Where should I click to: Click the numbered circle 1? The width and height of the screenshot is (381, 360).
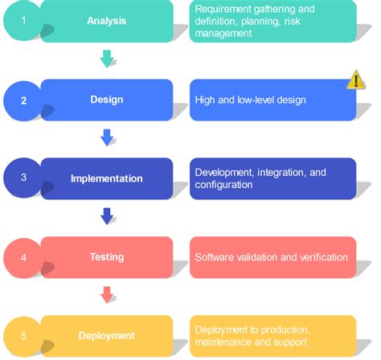(x=25, y=20)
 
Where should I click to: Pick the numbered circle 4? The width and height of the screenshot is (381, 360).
(x=25, y=257)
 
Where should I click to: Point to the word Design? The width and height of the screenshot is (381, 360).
(x=106, y=100)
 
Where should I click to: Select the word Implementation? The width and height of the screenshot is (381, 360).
(x=106, y=178)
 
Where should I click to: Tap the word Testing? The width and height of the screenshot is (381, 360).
(x=106, y=257)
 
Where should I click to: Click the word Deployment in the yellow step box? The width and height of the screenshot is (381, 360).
(x=106, y=336)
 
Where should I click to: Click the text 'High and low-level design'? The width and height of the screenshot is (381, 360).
(x=249, y=100)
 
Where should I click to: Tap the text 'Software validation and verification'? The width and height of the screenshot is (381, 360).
(x=271, y=258)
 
